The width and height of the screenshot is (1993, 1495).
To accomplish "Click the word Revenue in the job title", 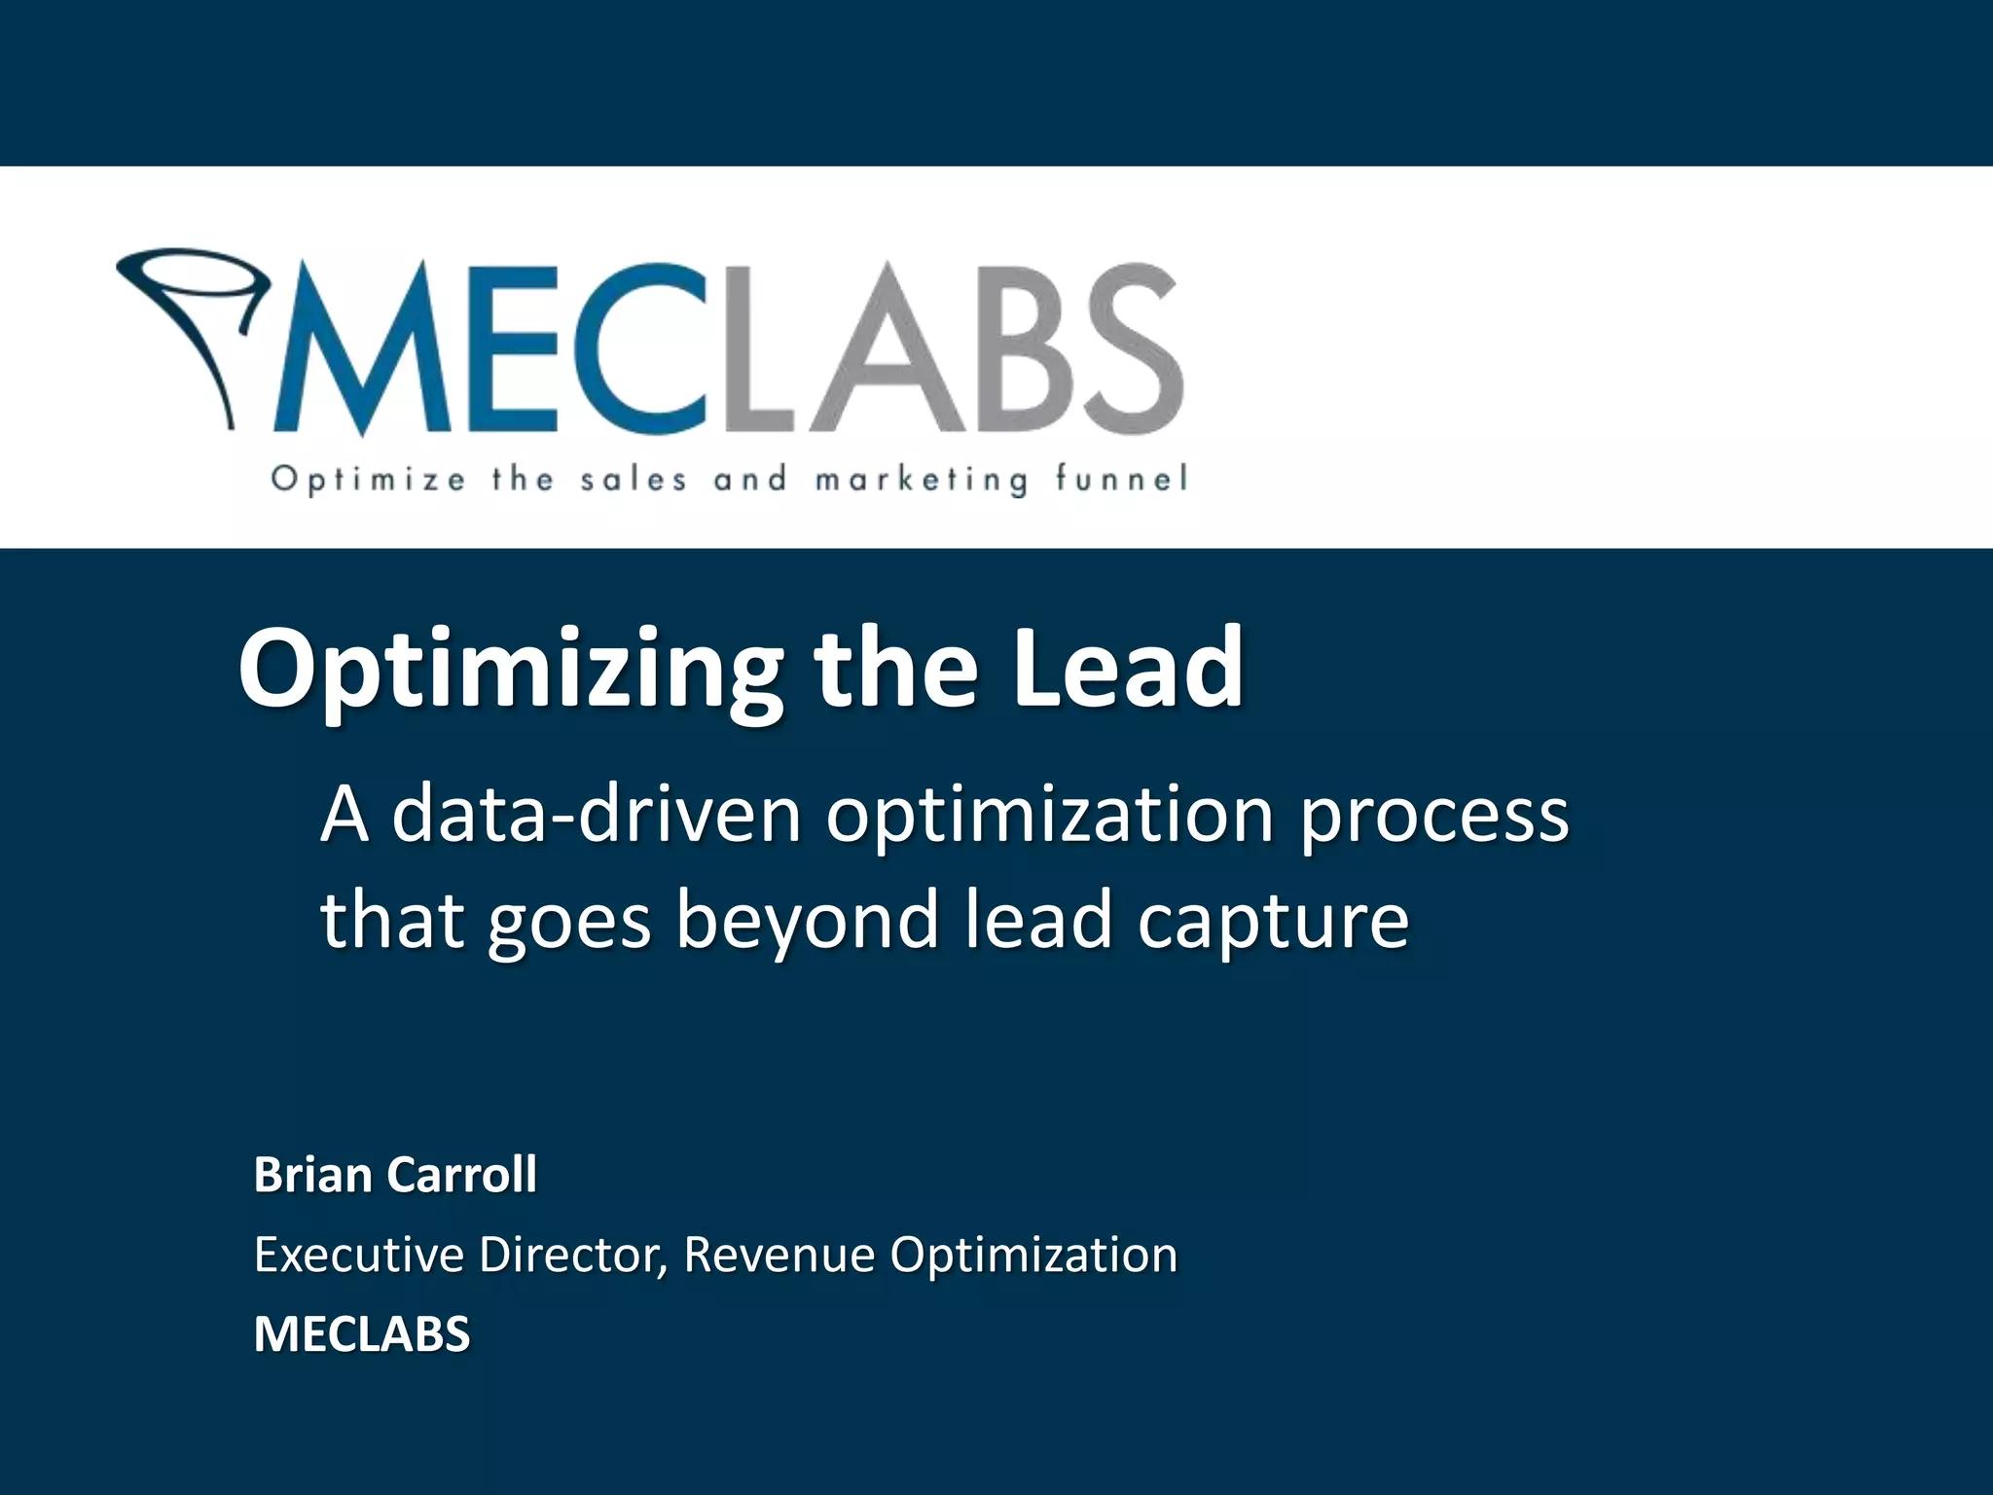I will coord(779,1255).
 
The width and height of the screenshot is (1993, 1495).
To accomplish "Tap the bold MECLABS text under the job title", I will coord(362,1333).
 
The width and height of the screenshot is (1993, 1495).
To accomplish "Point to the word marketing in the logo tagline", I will coord(921,480).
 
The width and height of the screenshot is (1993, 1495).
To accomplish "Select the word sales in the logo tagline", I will coord(634,479).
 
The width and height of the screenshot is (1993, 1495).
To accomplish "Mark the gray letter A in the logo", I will coord(867,350).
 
